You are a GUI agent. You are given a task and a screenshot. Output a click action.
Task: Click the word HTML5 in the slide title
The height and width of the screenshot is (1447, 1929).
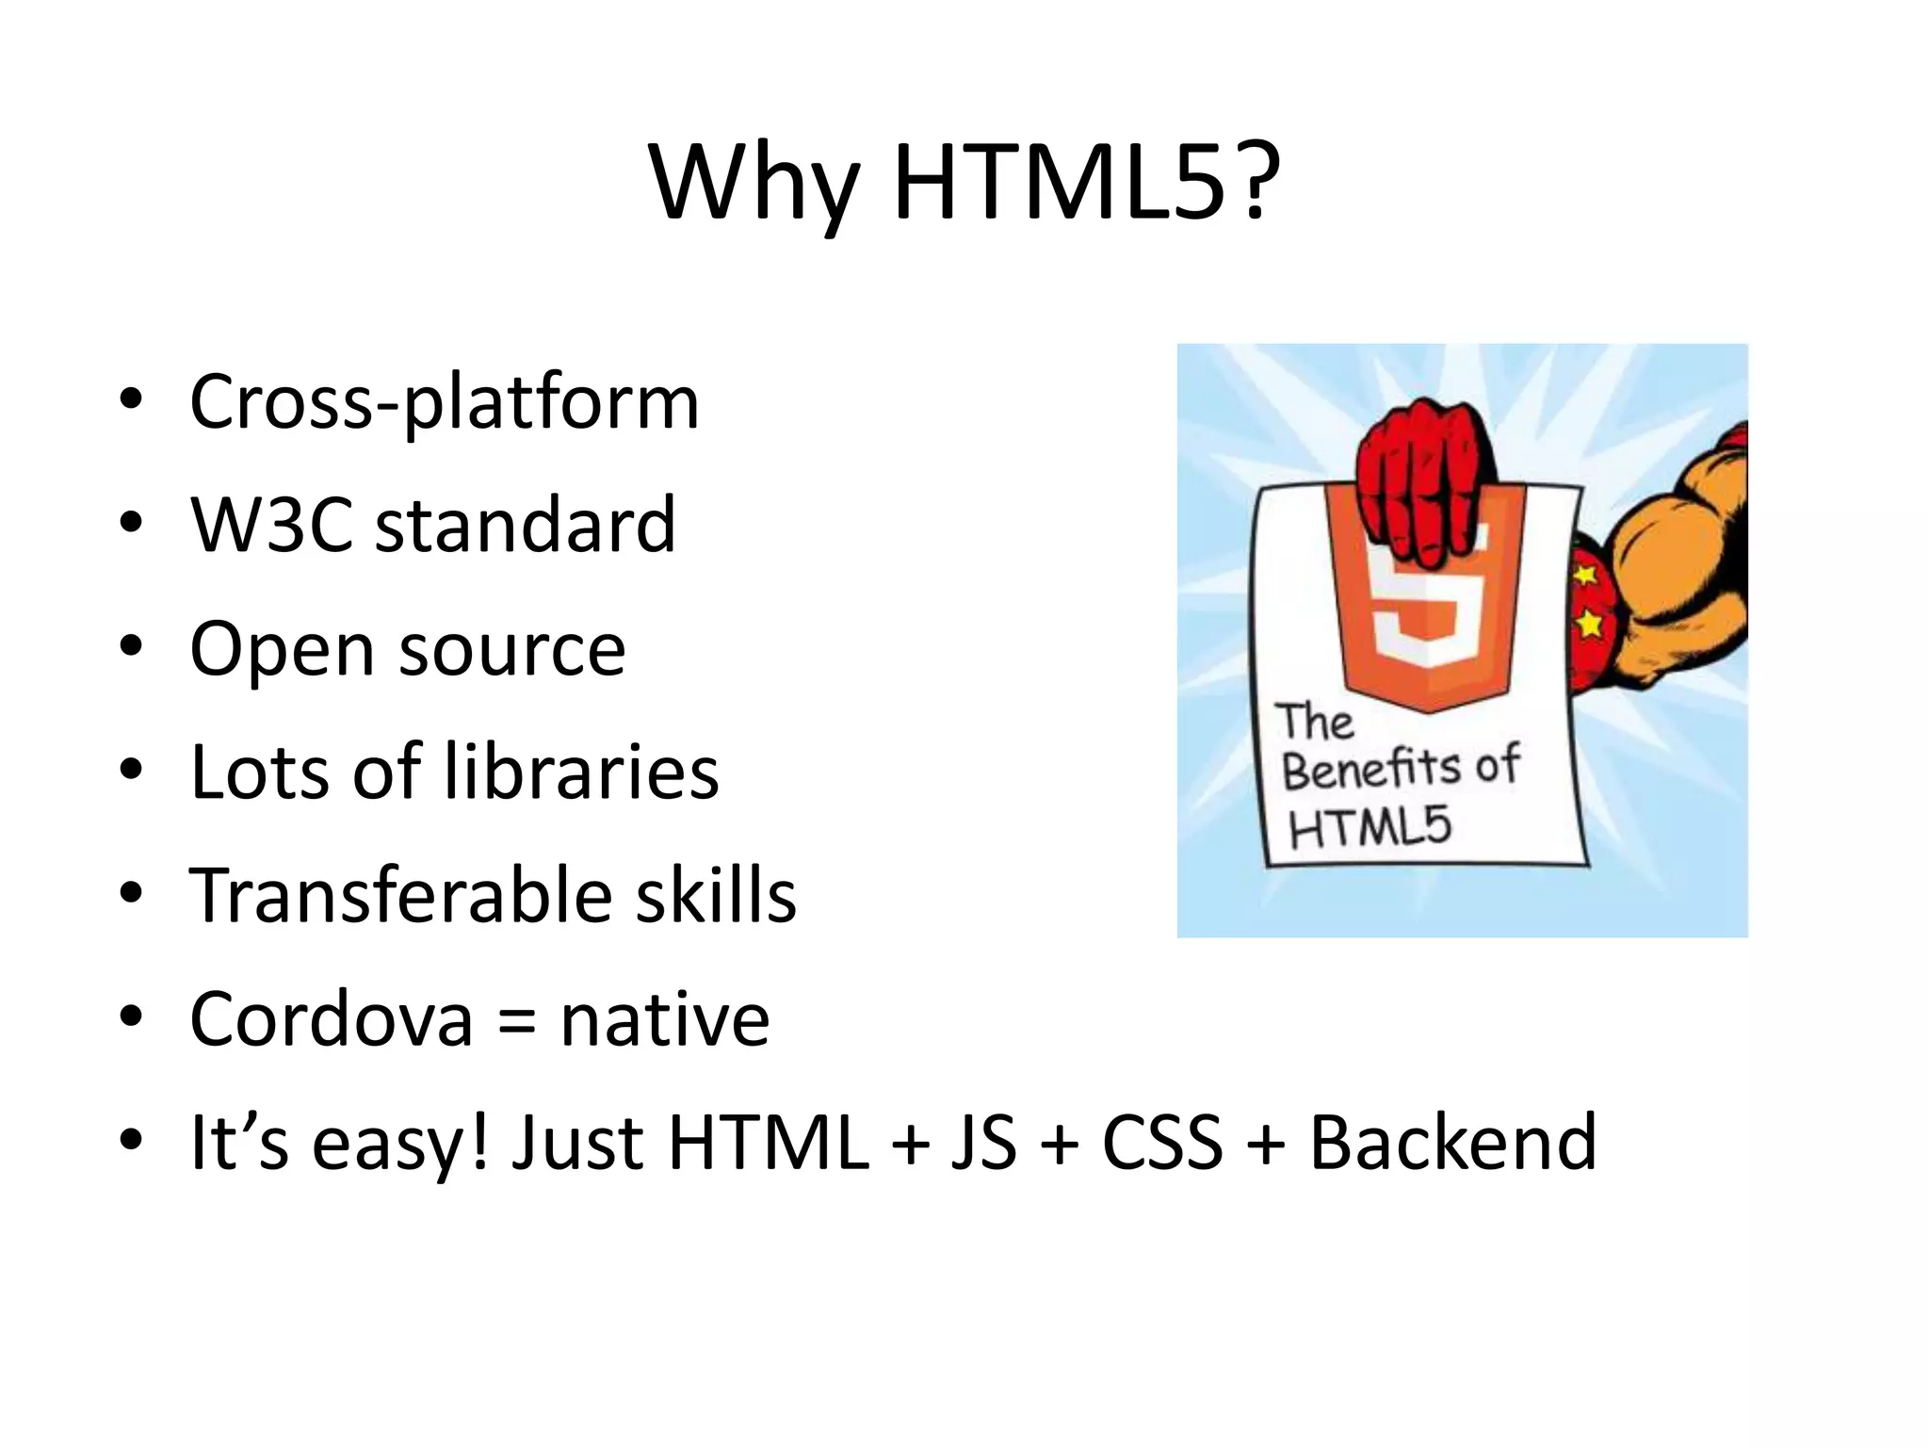[x=1086, y=184]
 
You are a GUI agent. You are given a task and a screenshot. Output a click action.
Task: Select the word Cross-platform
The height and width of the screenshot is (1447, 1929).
[x=444, y=403]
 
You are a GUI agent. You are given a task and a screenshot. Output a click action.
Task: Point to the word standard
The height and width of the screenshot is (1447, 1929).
[x=526, y=525]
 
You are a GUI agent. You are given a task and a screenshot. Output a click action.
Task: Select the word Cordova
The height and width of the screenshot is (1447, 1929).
[x=331, y=1019]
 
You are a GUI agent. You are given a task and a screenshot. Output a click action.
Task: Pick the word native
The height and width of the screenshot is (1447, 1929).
[x=665, y=1019]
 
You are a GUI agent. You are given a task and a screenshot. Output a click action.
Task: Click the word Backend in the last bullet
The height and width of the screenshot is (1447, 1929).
[x=1452, y=1143]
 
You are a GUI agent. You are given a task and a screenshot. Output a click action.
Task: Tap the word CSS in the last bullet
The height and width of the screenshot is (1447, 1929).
[x=1162, y=1143]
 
